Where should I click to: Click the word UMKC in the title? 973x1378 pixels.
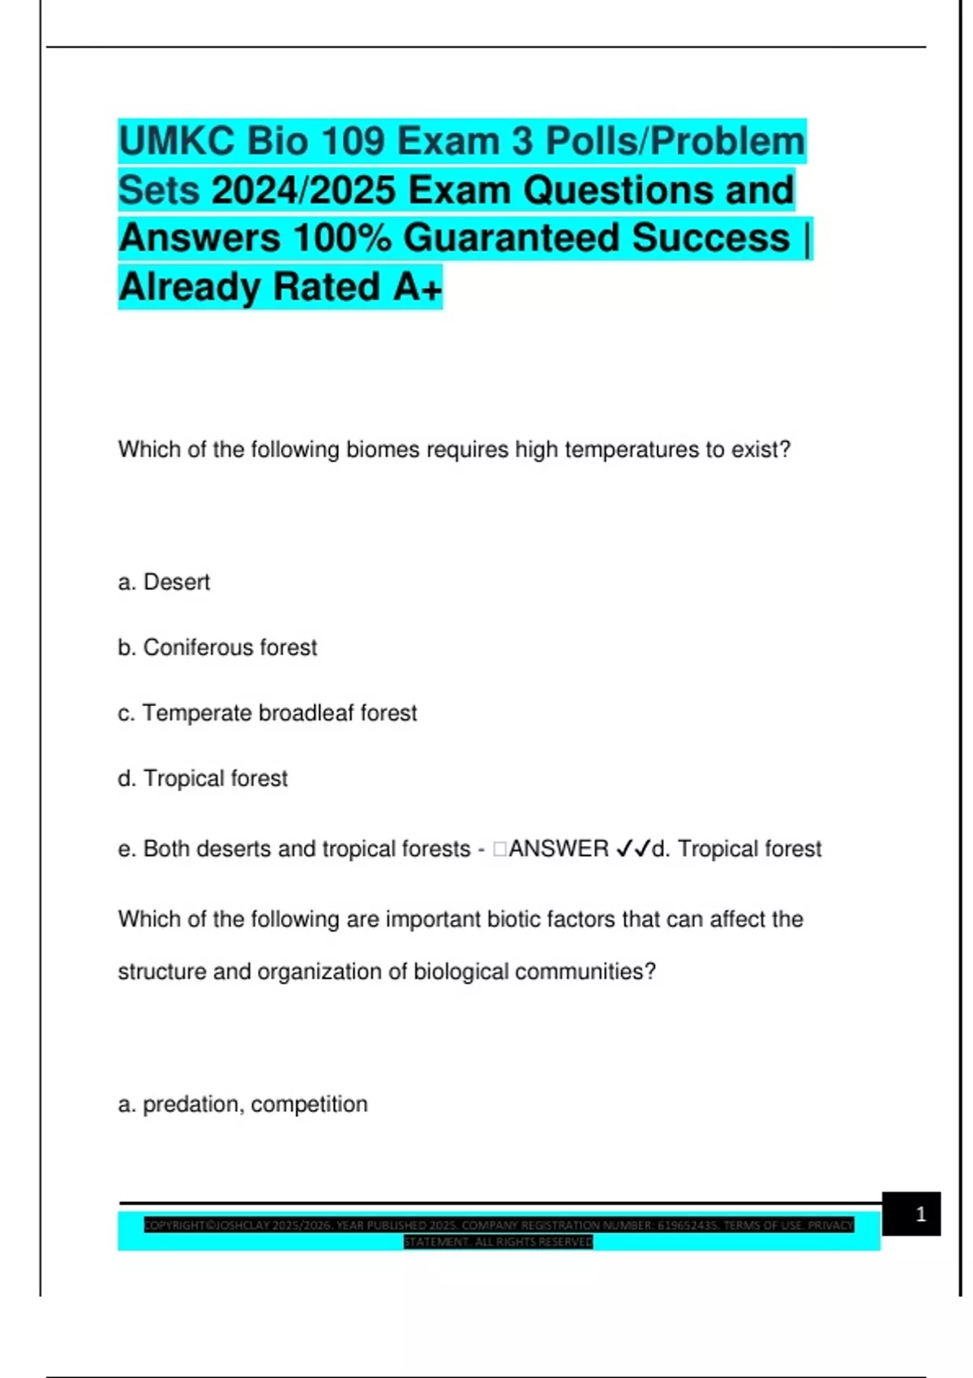pos(177,141)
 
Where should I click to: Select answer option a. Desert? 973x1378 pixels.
pos(164,582)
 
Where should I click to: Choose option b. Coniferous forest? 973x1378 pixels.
pos(217,648)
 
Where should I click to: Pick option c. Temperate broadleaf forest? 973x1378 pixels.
pos(267,713)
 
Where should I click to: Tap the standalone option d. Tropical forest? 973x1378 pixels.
pos(203,778)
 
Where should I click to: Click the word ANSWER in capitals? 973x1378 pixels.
pos(558,849)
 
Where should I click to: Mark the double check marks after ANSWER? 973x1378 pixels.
pos(633,849)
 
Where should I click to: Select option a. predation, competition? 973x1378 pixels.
pos(242,1104)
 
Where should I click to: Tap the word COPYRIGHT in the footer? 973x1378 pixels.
pos(175,1225)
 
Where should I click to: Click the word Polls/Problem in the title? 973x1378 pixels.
pos(675,141)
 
